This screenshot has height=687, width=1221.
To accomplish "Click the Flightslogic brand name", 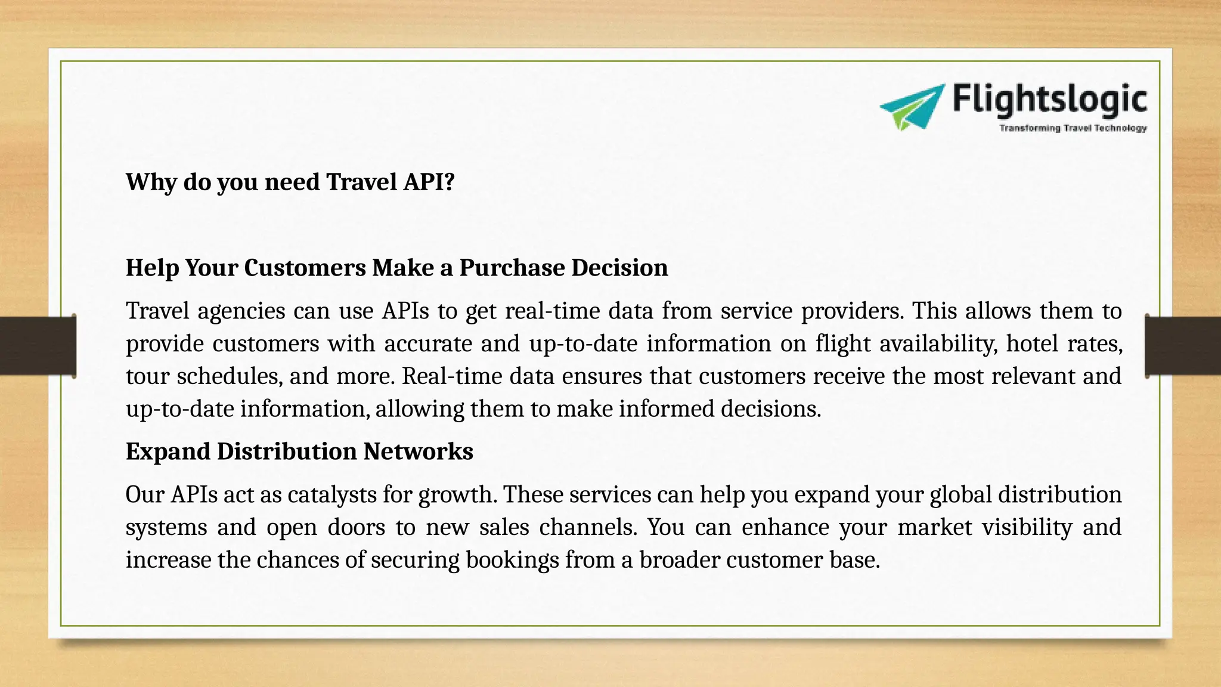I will coord(1049,100).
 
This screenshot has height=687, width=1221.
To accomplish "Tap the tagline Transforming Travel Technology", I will coord(1073,128).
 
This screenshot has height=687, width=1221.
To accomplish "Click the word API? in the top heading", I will coord(429,182).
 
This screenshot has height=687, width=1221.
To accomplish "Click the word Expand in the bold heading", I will coord(168,451).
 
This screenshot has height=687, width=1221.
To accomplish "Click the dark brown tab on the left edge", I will coord(38,346).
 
